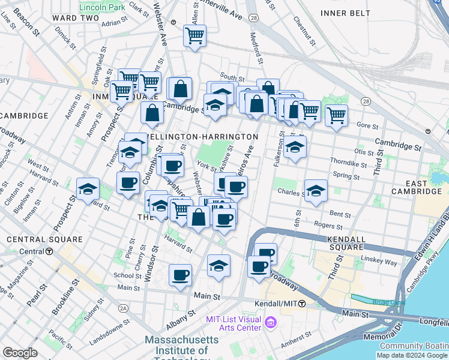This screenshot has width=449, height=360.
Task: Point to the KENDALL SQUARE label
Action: click(346, 242)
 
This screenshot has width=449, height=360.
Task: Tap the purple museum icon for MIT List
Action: click(271, 324)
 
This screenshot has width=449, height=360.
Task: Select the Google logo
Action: click(20, 353)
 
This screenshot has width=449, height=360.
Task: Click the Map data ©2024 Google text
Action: click(411, 355)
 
